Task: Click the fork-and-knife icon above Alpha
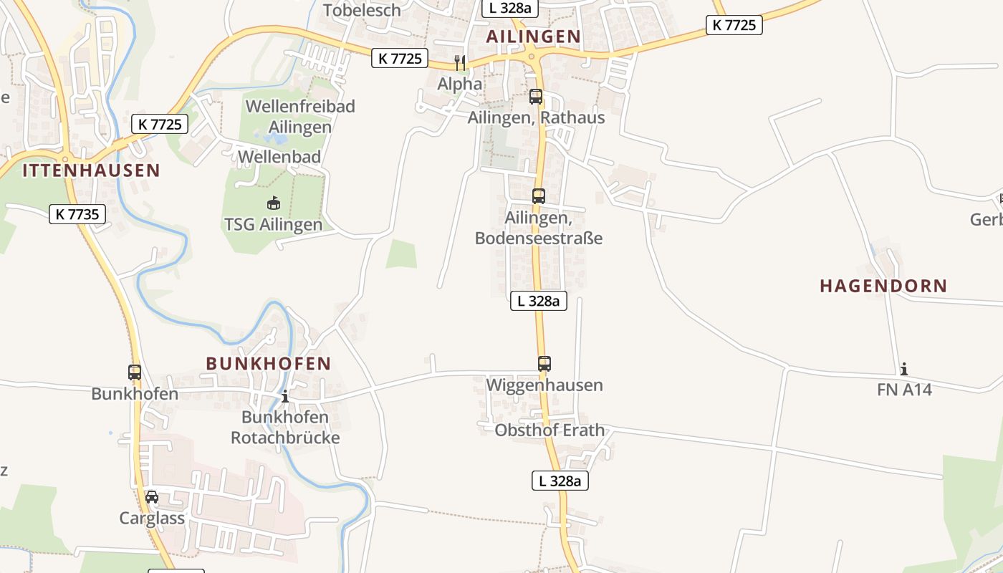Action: pyautogui.click(x=460, y=62)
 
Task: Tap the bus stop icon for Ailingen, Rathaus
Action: pyautogui.click(x=536, y=97)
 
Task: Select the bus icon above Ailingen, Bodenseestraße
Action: pyautogui.click(x=539, y=196)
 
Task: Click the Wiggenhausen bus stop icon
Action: pyautogui.click(x=544, y=364)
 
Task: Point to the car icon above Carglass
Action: pyautogui.click(x=152, y=496)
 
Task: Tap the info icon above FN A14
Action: pyautogui.click(x=904, y=369)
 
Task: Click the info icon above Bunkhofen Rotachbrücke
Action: pyautogui.click(x=285, y=396)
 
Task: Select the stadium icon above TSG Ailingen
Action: pyautogui.click(x=273, y=203)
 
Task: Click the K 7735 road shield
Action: pyautogui.click(x=77, y=213)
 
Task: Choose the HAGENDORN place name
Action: pyautogui.click(x=883, y=286)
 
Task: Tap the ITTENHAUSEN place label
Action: pyautogui.click(x=91, y=170)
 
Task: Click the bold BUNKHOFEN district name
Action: pyautogui.click(x=269, y=364)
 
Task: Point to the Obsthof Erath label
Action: pyautogui.click(x=550, y=430)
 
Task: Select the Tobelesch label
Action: pyautogui.click(x=362, y=10)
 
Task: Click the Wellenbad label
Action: pyautogui.click(x=279, y=156)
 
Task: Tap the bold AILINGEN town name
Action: pyautogui.click(x=534, y=37)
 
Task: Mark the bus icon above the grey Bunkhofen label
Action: pyautogui.click(x=135, y=372)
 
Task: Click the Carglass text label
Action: pyautogui.click(x=152, y=518)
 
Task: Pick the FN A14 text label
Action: pyautogui.click(x=904, y=390)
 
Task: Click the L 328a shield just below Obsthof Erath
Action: pyautogui.click(x=560, y=481)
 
